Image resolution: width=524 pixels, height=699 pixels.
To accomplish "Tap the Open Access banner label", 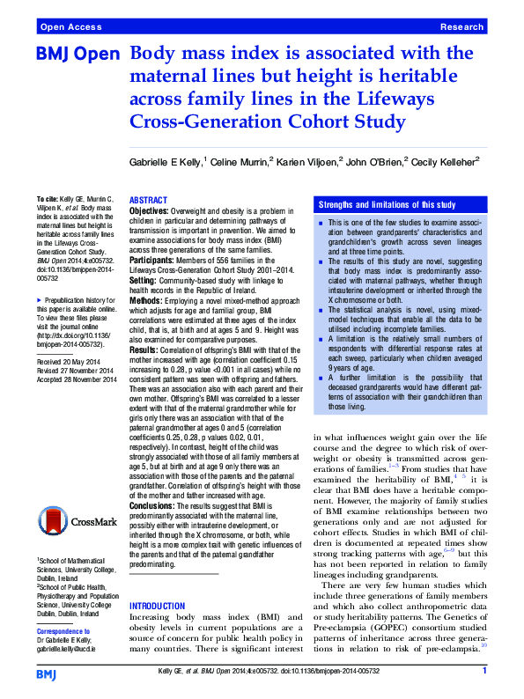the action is click(x=69, y=28).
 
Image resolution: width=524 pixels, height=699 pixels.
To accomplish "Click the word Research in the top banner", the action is click(x=463, y=28).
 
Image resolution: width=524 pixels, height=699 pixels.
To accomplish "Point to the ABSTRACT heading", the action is click(x=152, y=201).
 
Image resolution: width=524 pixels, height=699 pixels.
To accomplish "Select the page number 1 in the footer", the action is click(x=484, y=672).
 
